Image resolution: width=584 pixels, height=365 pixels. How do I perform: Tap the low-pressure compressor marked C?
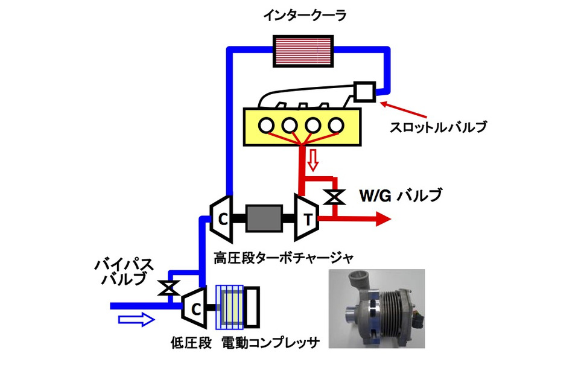pyautogui.click(x=195, y=305)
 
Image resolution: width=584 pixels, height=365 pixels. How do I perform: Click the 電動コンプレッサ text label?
pyautogui.click(x=270, y=343)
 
